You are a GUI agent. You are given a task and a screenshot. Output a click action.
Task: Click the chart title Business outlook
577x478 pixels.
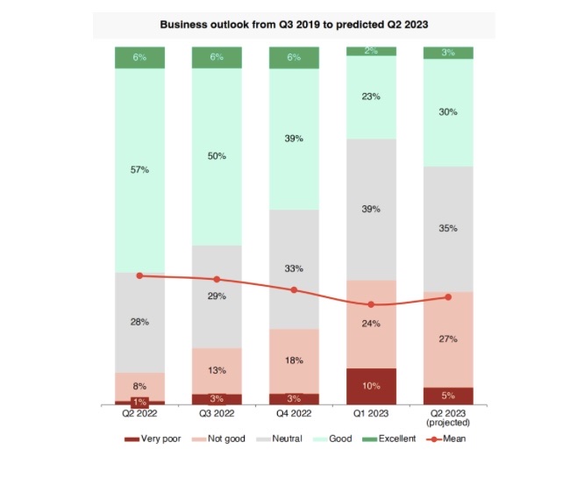point(294,25)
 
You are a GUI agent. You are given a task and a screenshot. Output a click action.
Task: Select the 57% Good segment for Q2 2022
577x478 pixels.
point(140,169)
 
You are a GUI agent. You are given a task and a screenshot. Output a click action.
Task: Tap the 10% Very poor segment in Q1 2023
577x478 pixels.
point(371,386)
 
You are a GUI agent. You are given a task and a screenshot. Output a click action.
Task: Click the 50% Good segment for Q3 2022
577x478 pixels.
point(217,156)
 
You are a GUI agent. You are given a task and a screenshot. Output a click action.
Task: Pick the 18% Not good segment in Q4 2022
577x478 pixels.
point(294,360)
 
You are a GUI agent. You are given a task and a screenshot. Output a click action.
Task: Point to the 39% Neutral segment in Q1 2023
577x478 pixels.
point(371,210)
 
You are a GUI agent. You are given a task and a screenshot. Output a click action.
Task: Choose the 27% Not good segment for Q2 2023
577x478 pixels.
point(448,339)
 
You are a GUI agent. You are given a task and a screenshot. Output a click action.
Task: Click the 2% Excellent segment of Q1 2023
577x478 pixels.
point(371,51)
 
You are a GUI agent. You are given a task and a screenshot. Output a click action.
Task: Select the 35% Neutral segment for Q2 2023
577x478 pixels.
point(448,228)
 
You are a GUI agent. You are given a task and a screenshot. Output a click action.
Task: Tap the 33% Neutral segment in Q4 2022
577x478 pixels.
point(294,268)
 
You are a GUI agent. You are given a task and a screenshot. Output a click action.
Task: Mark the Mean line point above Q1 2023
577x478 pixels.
point(371,304)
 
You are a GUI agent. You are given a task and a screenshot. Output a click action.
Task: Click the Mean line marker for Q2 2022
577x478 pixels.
point(140,275)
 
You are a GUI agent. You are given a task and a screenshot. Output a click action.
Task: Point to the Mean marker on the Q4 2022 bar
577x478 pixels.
point(294,289)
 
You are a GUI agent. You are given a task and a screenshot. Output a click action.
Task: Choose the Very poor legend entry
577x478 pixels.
point(153,439)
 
